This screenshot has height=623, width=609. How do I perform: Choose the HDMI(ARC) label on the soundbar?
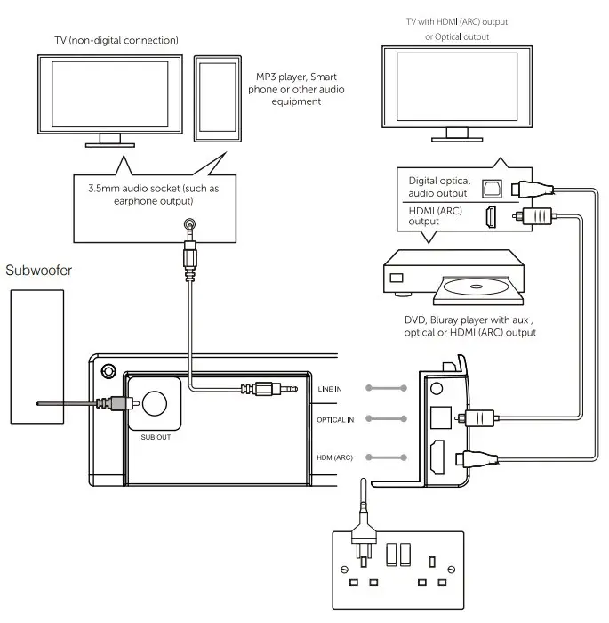[x=335, y=457]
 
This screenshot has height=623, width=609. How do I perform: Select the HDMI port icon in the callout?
[x=490, y=215]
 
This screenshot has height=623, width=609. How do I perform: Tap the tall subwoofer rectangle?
[x=36, y=357]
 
